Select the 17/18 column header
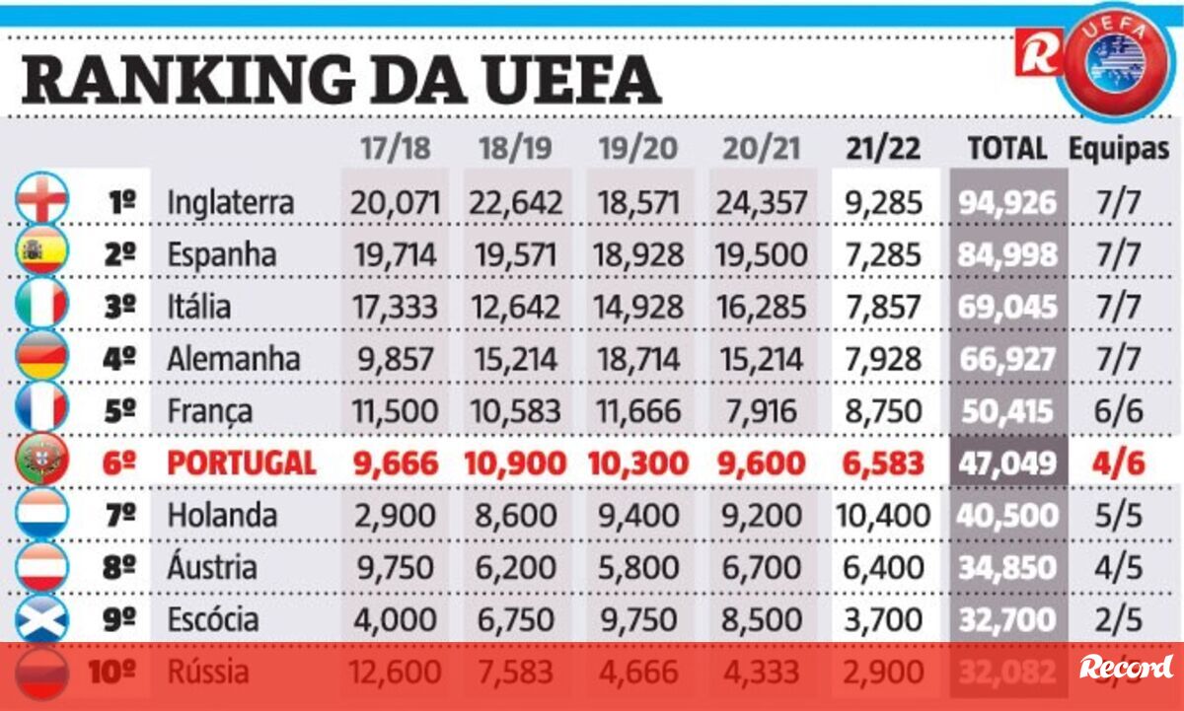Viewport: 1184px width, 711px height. pos(394,149)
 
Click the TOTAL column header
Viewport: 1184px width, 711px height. pos(1006,149)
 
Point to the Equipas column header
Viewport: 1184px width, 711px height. pos(1119,149)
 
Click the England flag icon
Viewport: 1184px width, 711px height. pos(42,201)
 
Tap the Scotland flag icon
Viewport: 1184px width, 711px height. pos(42,619)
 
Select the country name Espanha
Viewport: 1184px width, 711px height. pos(222,254)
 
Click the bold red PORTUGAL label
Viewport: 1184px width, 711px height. pos(242,463)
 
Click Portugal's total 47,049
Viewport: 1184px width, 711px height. pos(1006,463)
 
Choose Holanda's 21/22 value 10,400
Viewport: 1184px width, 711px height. pos(882,516)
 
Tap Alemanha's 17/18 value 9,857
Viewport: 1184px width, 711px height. pos(394,359)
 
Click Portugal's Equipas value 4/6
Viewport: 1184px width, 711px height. pos(1119,463)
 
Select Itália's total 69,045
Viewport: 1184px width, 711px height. pos(1006,307)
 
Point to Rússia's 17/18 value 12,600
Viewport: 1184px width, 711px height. pos(394,673)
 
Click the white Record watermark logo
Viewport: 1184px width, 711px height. pos(1126,667)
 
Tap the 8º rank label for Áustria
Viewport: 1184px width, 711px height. pos(119,568)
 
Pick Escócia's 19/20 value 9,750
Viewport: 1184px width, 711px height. pos(637,620)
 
